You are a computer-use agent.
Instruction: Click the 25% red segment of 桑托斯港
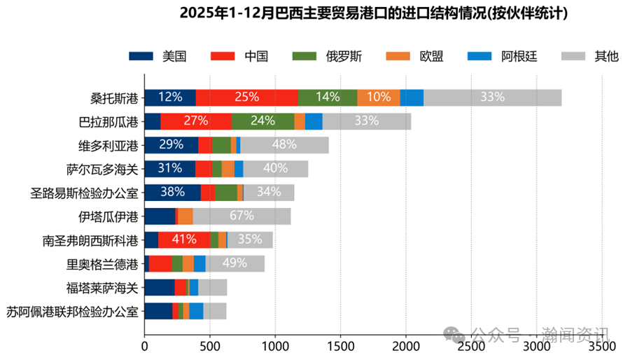tap(246, 97)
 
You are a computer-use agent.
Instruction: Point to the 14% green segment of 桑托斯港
tap(328, 97)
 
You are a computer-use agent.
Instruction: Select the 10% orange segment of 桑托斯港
tap(379, 97)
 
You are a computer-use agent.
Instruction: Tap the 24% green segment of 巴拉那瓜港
tap(262, 121)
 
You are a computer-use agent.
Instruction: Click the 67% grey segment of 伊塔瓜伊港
tap(241, 216)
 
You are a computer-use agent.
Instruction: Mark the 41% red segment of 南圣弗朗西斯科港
tap(184, 240)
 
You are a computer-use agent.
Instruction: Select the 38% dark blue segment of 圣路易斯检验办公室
tap(172, 192)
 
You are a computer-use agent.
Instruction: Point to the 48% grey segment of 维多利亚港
tap(284, 145)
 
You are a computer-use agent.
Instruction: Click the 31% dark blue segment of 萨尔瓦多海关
tap(170, 169)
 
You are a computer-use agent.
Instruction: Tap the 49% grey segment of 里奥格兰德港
tap(235, 263)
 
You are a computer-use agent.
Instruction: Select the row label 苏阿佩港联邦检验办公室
tap(72, 311)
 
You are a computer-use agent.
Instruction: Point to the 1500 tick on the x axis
tap(340, 346)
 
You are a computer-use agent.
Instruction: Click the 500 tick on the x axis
tap(210, 346)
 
